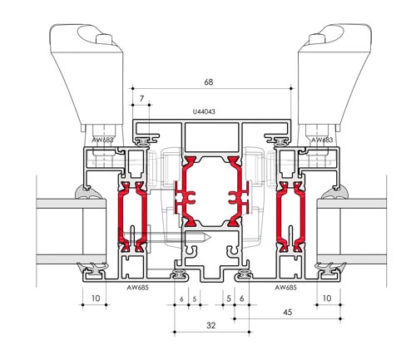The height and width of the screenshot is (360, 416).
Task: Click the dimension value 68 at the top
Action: pos(209,82)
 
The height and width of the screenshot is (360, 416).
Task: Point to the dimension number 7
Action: pos(143,99)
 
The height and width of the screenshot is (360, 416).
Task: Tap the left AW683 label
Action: pos(102,141)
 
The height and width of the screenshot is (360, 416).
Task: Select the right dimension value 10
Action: pos(326,298)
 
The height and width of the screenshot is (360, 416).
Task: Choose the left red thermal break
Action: pos(131,212)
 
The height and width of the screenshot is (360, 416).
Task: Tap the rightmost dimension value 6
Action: pos(241,298)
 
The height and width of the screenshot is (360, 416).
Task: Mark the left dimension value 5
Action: pos(194,298)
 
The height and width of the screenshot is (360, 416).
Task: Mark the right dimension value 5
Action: pos(228,298)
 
